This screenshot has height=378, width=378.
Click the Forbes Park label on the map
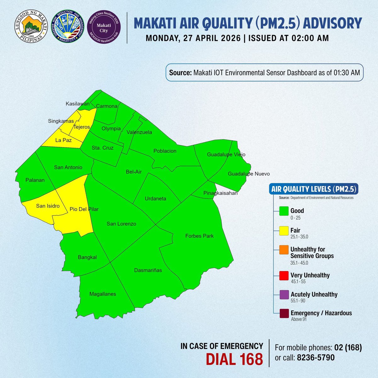[x=199, y=236]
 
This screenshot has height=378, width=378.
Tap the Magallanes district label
[x=103, y=294]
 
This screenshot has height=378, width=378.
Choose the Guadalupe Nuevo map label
[x=249, y=174]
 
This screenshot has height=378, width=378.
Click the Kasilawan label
[x=77, y=104]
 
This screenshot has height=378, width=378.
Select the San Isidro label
[x=48, y=206]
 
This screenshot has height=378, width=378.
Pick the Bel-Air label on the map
[x=134, y=172]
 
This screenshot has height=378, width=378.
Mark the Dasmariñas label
[x=148, y=270]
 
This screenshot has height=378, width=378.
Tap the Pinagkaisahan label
[x=220, y=193]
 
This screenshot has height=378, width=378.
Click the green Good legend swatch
[x=284, y=211]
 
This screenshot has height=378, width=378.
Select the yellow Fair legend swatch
[x=284, y=231]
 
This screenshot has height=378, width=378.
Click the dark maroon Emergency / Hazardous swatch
[x=284, y=314]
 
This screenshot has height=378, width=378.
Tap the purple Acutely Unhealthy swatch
[x=284, y=295]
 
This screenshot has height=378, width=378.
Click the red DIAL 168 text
[x=234, y=359]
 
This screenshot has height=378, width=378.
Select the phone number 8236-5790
[x=316, y=358]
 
